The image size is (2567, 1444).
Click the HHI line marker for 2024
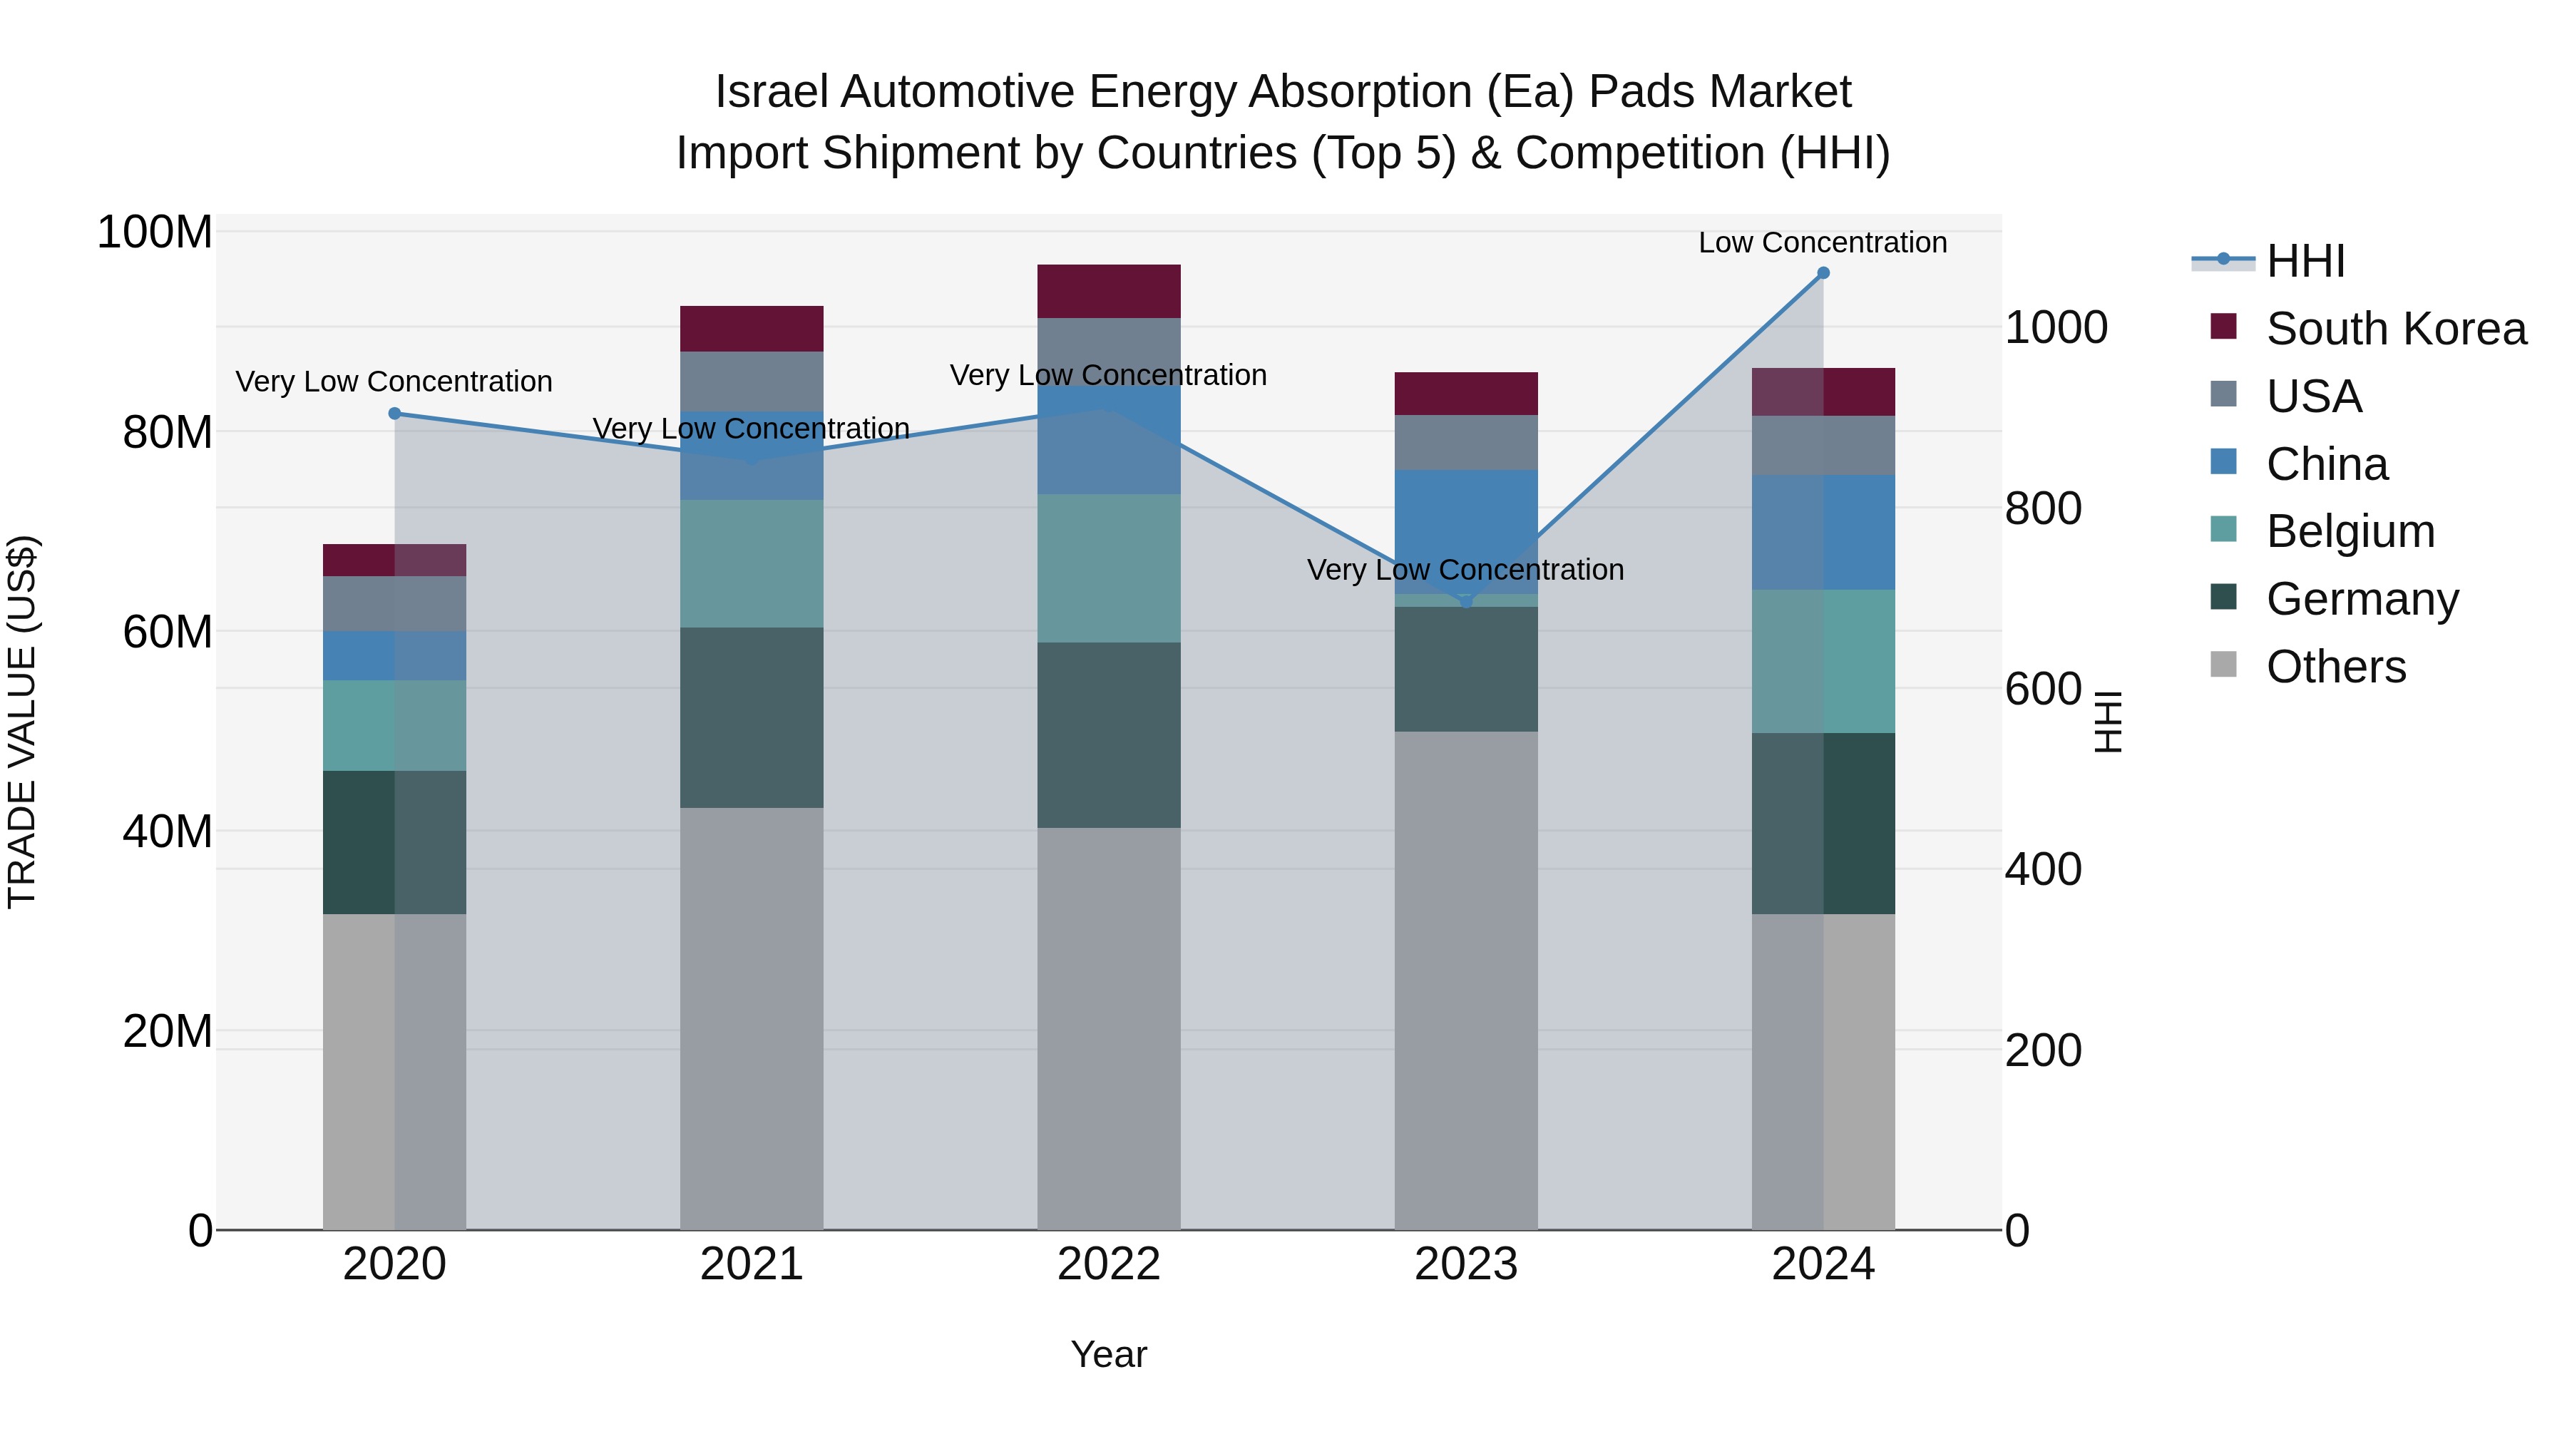[x=1823, y=273]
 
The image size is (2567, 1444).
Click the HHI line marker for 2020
[x=394, y=414]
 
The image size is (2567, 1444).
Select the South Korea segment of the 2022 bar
[x=1108, y=291]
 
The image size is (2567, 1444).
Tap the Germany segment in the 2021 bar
[x=752, y=717]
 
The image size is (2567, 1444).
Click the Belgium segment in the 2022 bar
[x=1108, y=568]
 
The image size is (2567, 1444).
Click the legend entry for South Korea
[x=2396, y=329]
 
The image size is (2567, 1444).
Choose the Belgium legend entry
[x=2350, y=531]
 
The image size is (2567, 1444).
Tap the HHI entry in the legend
[x=2305, y=261]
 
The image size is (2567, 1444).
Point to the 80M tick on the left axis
[x=168, y=433]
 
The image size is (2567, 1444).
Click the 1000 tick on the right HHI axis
[x=2056, y=328]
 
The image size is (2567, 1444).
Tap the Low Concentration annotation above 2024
[x=1822, y=242]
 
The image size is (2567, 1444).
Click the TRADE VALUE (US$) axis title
[x=22, y=722]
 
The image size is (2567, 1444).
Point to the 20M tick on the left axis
[x=168, y=1031]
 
